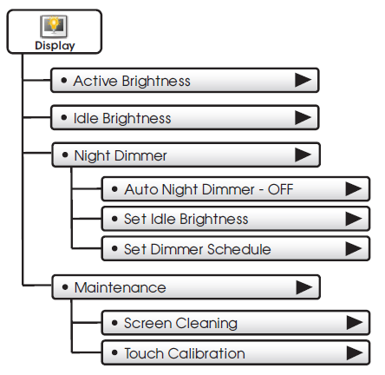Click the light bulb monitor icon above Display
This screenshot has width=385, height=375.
pyautogui.click(x=54, y=26)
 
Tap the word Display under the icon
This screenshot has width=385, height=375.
pyautogui.click(x=55, y=46)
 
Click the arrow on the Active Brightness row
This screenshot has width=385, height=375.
pyautogui.click(x=303, y=80)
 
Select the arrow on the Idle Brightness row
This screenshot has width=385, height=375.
pyautogui.click(x=303, y=118)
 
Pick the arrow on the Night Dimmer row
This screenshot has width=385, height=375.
pyautogui.click(x=303, y=155)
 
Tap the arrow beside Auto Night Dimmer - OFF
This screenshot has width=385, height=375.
pyautogui.click(x=354, y=189)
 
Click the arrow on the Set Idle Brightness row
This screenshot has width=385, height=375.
pyautogui.click(x=354, y=219)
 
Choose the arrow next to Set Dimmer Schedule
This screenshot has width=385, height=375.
pyautogui.click(x=354, y=249)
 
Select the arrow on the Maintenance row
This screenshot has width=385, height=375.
pyautogui.click(x=304, y=287)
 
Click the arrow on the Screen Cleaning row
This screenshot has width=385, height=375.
pyautogui.click(x=355, y=323)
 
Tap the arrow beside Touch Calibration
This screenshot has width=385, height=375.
pyautogui.click(x=355, y=352)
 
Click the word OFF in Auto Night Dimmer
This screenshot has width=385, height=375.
pyautogui.click(x=280, y=189)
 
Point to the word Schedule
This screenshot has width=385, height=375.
pyautogui.click(x=239, y=249)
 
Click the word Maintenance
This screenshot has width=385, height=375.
pyautogui.click(x=121, y=287)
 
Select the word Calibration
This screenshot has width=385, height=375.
pyautogui.click(x=206, y=353)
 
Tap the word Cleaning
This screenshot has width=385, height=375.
pyautogui.click(x=206, y=324)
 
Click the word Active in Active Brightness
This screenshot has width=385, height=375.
pyautogui.click(x=95, y=81)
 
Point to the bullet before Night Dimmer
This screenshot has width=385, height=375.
pyautogui.click(x=65, y=155)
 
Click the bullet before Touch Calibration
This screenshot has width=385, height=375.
pyautogui.click(x=114, y=352)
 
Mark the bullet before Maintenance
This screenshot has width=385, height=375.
pyautogui.click(x=65, y=287)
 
